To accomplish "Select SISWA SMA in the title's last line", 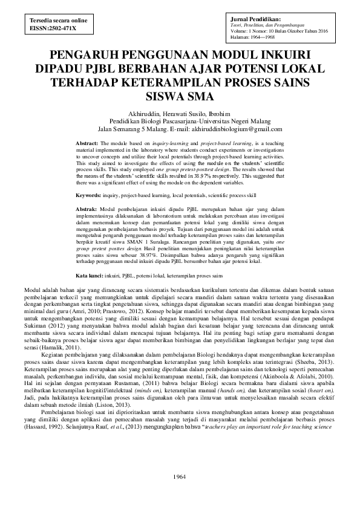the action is point(180,96).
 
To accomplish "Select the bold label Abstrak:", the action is point(90,209).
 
